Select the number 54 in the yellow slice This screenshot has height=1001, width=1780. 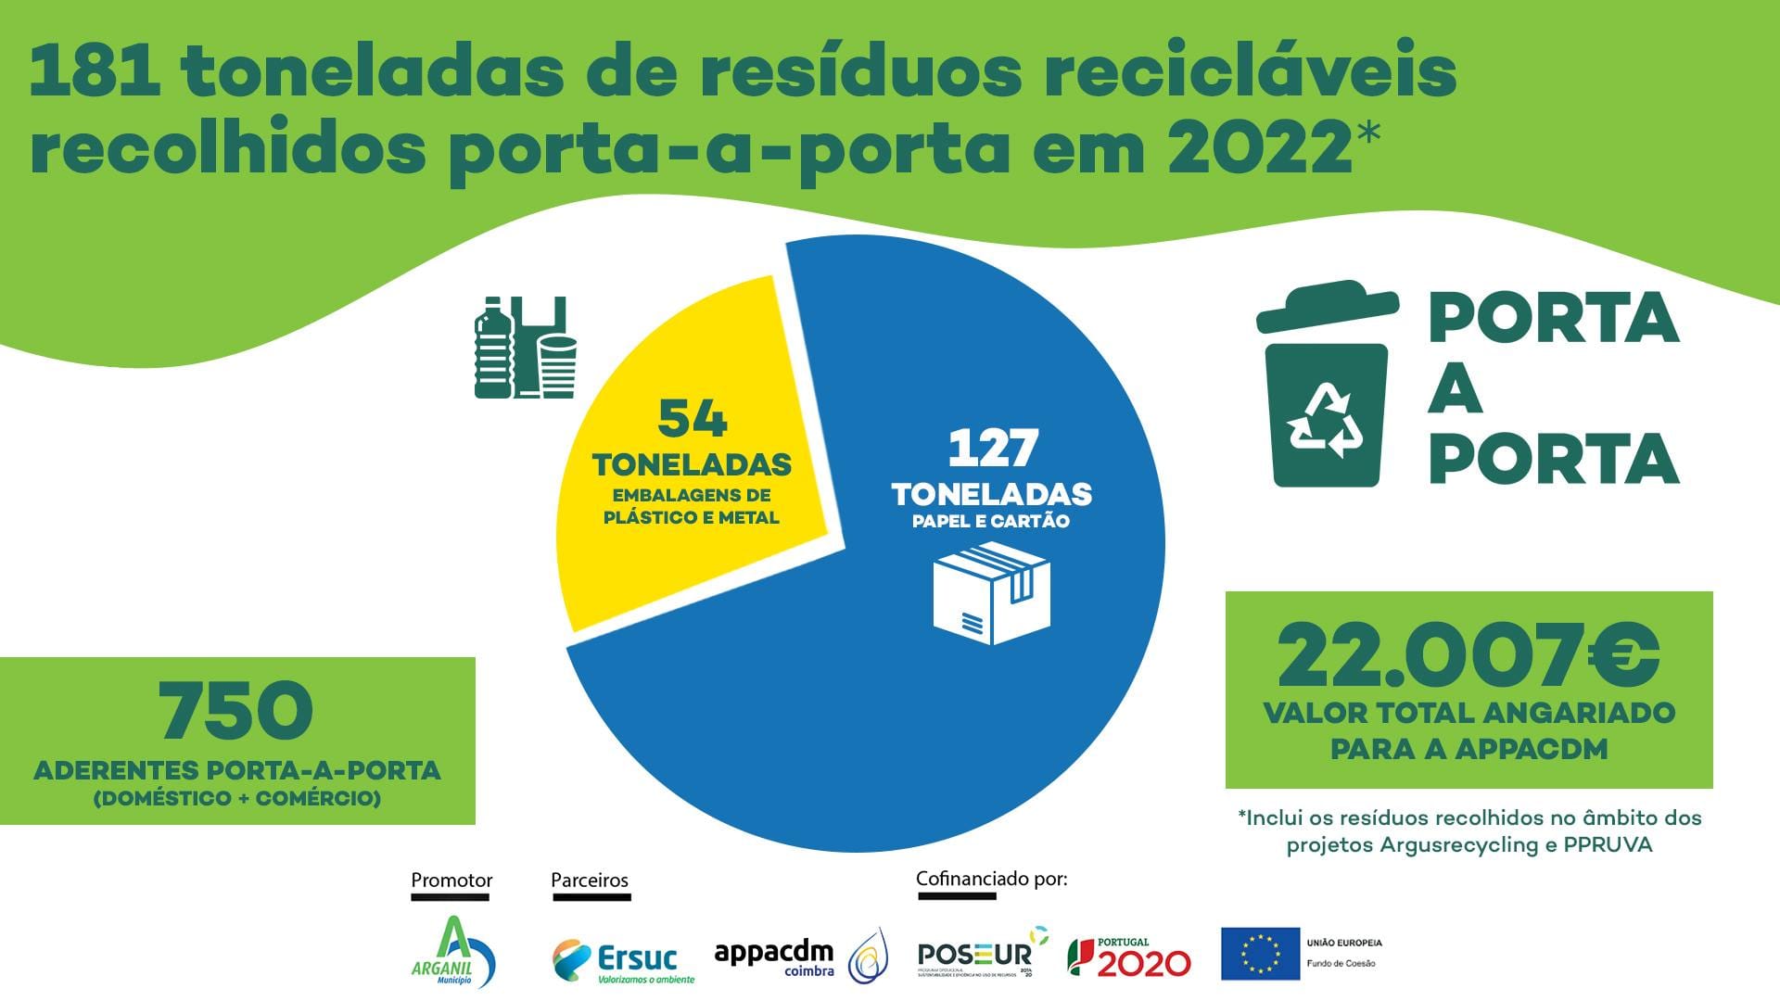point(693,419)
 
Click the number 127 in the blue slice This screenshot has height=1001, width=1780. point(992,450)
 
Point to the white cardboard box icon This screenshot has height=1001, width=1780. point(991,593)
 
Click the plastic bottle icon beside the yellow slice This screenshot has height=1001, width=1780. point(493,348)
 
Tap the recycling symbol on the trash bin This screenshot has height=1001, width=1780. point(1327,422)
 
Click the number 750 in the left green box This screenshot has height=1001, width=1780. point(236,712)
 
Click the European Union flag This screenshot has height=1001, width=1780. point(1259,954)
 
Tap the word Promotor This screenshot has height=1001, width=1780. point(451,880)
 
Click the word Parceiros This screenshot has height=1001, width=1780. point(590,880)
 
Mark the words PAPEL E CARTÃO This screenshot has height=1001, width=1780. point(990,521)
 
